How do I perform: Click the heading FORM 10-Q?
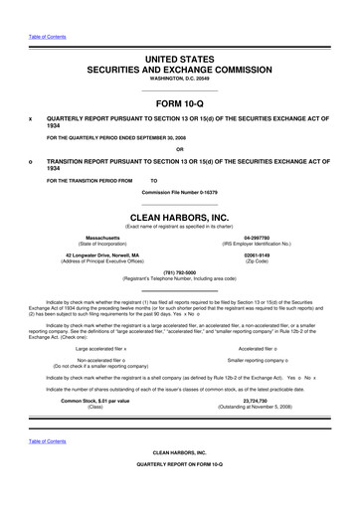tap(180, 102)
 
